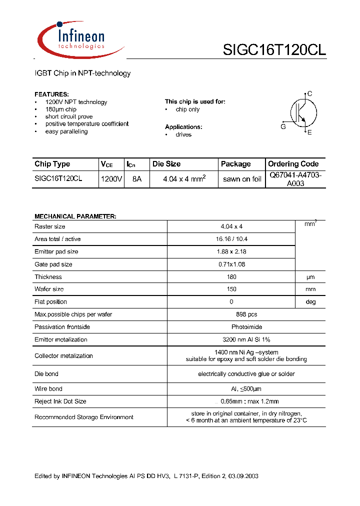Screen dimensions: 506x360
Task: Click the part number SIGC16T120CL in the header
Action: pyautogui.click(x=274, y=50)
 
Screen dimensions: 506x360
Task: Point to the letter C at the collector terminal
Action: pyautogui.click(x=310, y=93)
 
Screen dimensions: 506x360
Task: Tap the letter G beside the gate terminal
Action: pyautogui.click(x=283, y=127)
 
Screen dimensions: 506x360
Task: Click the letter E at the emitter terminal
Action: pyautogui.click(x=309, y=132)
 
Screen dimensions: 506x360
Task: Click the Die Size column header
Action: pyautogui.click(x=166, y=164)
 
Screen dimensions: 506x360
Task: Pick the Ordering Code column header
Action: pyautogui.click(x=293, y=164)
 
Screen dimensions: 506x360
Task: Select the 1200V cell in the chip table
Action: pyautogui.click(x=111, y=178)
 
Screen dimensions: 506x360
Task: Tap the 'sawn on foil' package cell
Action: pyautogui.click(x=242, y=179)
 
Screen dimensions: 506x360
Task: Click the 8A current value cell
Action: pyautogui.click(x=136, y=178)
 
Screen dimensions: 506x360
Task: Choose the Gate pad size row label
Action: pyautogui.click(x=53, y=264)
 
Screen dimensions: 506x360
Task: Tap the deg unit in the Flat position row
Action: pyautogui.click(x=310, y=302)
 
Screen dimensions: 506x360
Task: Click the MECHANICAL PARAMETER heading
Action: pyautogui.click(x=75, y=216)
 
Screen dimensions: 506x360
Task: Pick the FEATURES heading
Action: pyautogui.click(x=52, y=94)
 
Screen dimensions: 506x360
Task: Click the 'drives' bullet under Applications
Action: pyautogui.click(x=183, y=134)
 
